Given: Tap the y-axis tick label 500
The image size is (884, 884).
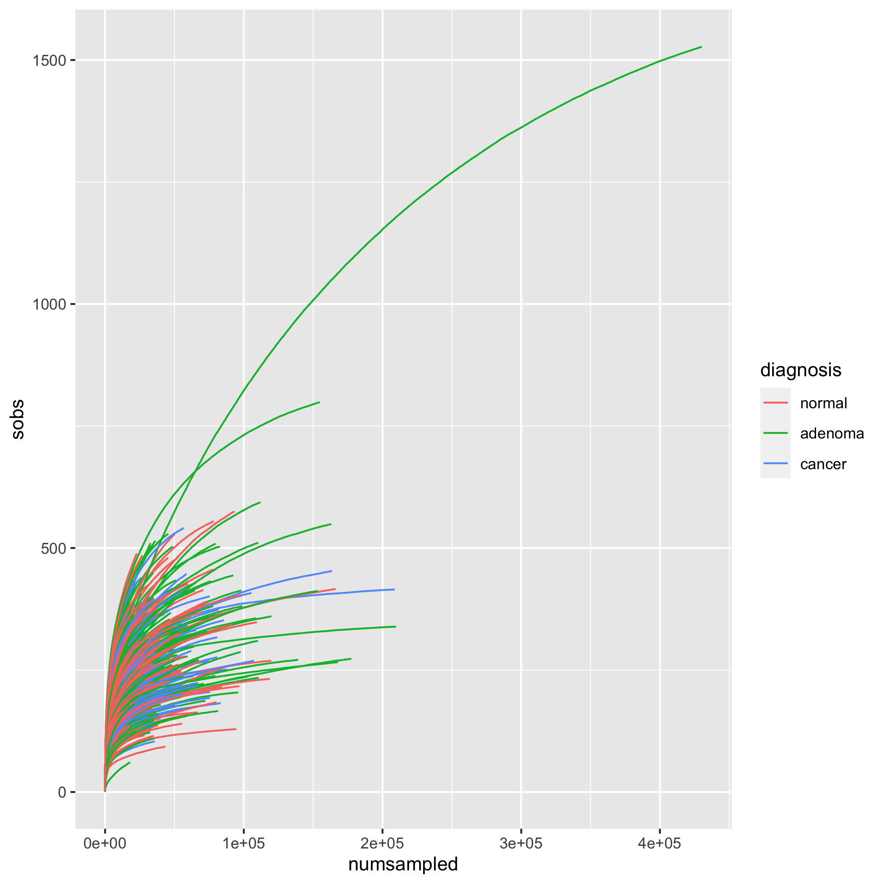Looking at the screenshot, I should (x=54, y=548).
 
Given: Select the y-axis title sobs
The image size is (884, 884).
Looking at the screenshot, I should (x=18, y=420).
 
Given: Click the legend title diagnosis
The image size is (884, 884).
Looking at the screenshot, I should (x=801, y=370).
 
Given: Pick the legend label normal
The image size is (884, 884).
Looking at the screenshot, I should (x=823, y=403).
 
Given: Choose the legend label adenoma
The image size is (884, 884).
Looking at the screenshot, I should (x=832, y=433).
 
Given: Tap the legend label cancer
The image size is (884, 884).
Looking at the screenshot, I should (x=823, y=464).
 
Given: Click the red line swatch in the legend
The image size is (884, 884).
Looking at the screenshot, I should (x=776, y=403).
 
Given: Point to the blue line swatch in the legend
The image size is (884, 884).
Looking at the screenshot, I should (x=776, y=464).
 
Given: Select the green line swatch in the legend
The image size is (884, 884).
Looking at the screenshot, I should (x=776, y=433).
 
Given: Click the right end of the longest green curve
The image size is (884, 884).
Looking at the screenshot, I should (x=701, y=46).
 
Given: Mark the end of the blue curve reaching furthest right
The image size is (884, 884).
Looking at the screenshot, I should (x=394, y=589).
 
